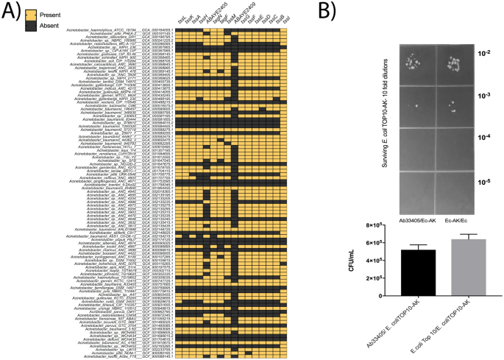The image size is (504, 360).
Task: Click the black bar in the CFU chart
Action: point(397,272)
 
